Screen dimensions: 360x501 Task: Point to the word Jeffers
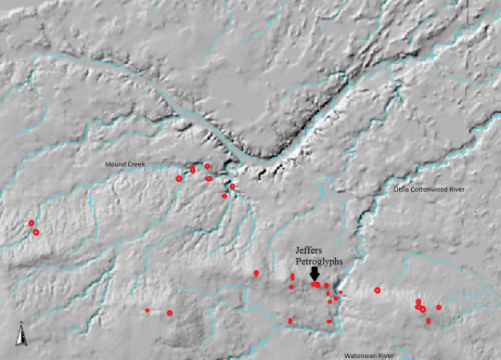pos(312,251)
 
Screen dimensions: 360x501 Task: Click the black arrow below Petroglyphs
pos(315,274)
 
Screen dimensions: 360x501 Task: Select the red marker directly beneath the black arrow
pos(315,285)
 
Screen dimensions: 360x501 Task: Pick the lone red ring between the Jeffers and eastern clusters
pos(378,290)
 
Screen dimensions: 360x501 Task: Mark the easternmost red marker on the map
pos(439,307)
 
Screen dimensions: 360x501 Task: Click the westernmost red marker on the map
pos(32,223)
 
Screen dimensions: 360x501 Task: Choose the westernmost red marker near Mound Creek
pos(179,178)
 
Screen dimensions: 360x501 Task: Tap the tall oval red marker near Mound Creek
pos(193,170)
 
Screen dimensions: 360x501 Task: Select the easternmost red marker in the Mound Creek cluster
pos(233,186)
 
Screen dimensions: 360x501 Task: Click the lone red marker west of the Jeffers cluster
pos(256,273)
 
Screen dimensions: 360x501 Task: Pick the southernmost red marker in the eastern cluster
pos(428,321)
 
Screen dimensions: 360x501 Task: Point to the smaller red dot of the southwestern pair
pos(148,310)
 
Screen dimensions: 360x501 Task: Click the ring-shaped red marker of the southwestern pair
pos(170,313)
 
